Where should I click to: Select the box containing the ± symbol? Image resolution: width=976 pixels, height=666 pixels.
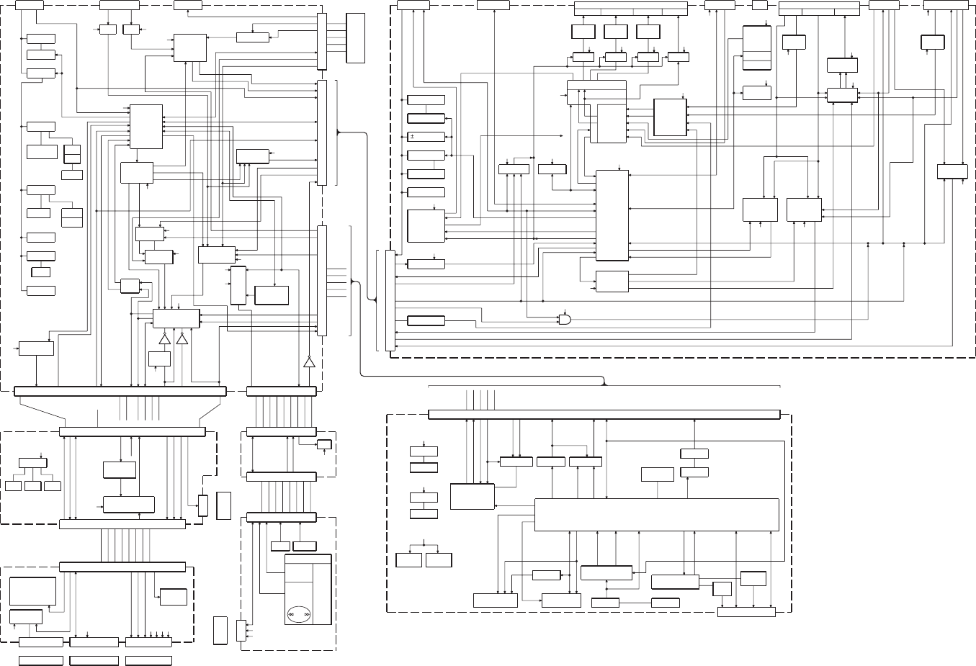coord(426,137)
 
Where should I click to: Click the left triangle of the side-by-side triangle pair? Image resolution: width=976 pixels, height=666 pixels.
coord(164,340)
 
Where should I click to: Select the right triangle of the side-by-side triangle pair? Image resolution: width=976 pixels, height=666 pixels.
coord(182,340)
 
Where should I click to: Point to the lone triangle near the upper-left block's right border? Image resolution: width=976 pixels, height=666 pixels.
coord(309,361)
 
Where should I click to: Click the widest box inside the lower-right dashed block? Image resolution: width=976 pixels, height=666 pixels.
coord(656,514)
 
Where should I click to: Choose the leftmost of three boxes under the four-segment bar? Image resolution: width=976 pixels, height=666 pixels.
coord(583,32)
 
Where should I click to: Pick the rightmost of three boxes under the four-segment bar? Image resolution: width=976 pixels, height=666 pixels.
coord(648,32)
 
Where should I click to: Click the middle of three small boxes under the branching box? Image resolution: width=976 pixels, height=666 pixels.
coord(32,486)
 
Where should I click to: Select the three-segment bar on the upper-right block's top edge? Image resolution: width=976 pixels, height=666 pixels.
coord(820,8)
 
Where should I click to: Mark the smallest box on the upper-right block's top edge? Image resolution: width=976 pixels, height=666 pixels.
coord(760,5)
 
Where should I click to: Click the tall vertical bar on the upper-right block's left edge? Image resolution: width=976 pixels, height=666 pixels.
coord(390,300)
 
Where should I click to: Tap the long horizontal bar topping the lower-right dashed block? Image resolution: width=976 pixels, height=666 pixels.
coord(604,414)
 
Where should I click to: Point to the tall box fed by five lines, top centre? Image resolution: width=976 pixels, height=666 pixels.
coord(356,38)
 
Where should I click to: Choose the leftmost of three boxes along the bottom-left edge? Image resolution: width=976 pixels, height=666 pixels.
coord(40,642)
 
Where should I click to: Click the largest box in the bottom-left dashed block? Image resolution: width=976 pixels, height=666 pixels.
coord(32,591)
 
